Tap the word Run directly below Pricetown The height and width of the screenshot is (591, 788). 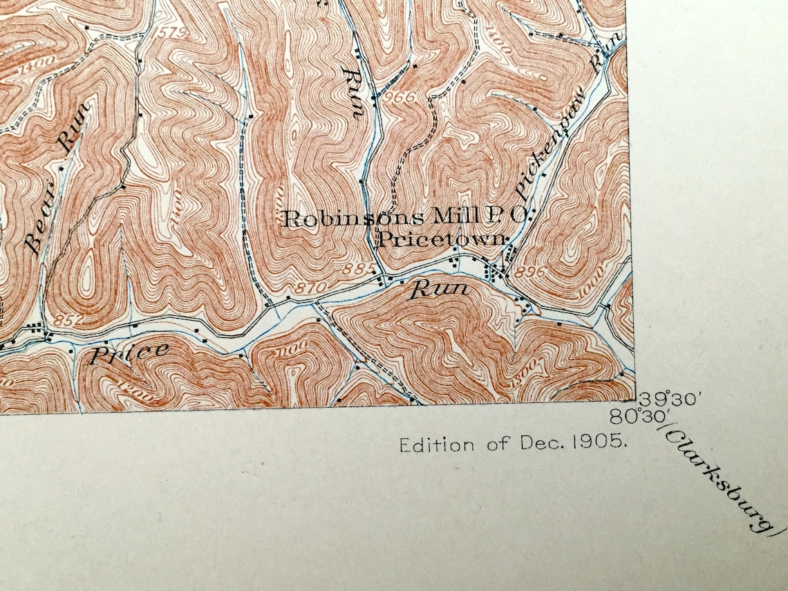(440, 290)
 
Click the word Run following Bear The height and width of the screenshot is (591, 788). (73, 126)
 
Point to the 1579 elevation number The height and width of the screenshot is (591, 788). (164, 32)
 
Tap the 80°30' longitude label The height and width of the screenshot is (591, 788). (637, 417)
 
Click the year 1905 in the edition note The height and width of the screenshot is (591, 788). (606, 444)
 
